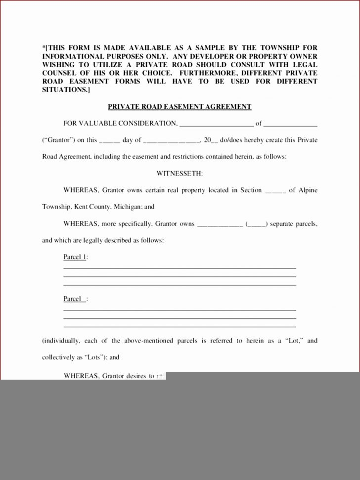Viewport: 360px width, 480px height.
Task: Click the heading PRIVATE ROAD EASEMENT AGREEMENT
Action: coord(180,107)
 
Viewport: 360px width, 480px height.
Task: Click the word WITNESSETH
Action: coord(180,174)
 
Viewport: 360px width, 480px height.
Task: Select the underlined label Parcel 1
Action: coord(75,257)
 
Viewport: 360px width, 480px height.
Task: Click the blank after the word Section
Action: coord(275,191)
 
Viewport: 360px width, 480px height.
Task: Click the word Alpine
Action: coord(308,190)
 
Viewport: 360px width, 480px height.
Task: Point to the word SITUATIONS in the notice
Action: coord(64,90)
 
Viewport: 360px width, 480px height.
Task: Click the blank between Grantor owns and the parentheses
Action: coord(220,224)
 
